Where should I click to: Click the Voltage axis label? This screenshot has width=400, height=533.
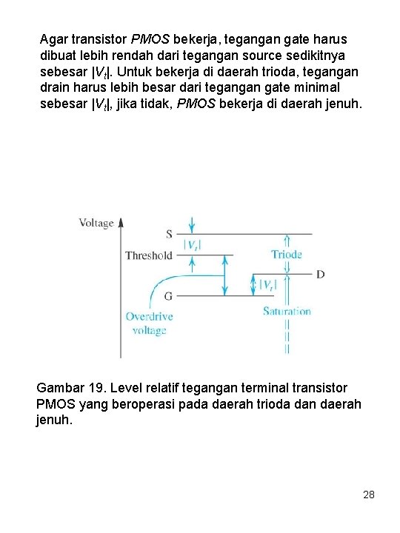pyautogui.click(x=97, y=222)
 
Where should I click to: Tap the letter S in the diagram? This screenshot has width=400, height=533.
pyautogui.click(x=168, y=234)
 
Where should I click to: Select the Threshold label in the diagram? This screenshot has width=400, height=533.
pyautogui.click(x=148, y=255)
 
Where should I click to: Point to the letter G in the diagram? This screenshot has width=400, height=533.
pyautogui.click(x=168, y=295)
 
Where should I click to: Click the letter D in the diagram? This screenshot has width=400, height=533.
pyautogui.click(x=320, y=275)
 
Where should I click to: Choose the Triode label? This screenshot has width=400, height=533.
pyautogui.click(x=287, y=255)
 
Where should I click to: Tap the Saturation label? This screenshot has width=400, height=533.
pyautogui.click(x=287, y=311)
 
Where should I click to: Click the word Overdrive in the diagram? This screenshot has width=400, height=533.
pyautogui.click(x=149, y=317)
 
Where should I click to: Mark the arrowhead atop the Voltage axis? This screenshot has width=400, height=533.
pyautogui.click(x=122, y=220)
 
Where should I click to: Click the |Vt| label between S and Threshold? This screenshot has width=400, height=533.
pyautogui.click(x=193, y=245)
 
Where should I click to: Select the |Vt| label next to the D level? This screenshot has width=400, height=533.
pyautogui.click(x=268, y=284)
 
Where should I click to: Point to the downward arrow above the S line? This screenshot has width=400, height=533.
pyautogui.click(x=193, y=224)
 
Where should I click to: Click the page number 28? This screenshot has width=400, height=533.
pyautogui.click(x=369, y=493)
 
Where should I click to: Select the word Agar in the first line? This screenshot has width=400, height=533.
pyautogui.click(x=54, y=38)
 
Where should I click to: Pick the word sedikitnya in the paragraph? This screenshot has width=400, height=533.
pyautogui.click(x=313, y=55)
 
